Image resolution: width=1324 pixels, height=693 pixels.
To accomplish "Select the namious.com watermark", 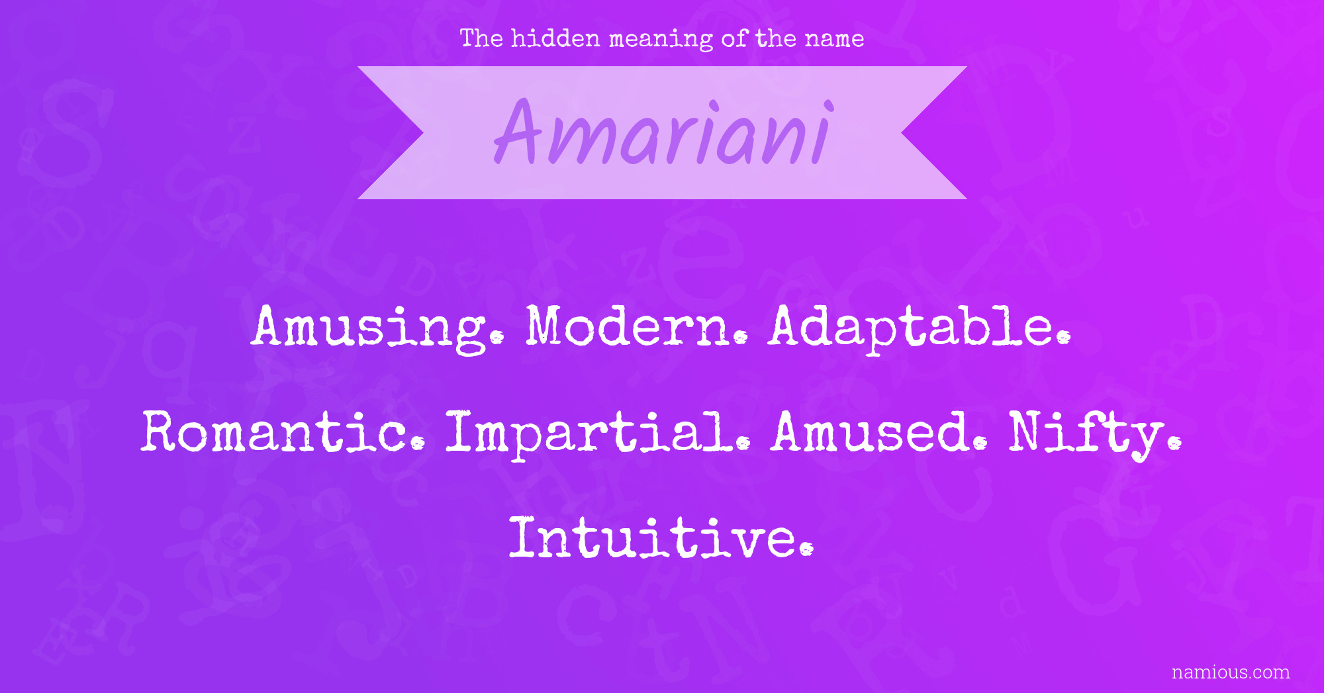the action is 1231,672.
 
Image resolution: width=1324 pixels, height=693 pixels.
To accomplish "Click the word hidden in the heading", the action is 555,38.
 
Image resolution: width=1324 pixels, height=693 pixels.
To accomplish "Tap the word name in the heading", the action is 834,40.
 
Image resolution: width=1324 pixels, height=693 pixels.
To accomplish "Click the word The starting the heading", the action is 482,38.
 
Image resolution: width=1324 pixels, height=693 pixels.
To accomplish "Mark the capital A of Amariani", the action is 520,131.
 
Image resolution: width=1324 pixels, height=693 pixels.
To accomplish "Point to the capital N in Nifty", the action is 1031,432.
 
